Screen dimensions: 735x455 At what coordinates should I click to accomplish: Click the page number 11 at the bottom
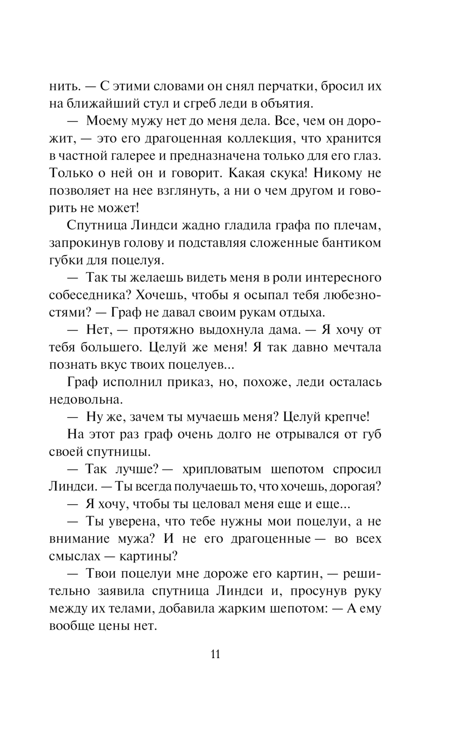pyautogui.click(x=216, y=654)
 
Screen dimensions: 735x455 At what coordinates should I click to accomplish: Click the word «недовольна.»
pyautogui.click(x=80, y=399)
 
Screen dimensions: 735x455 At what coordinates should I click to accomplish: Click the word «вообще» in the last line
pyautogui.click(x=71, y=625)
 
